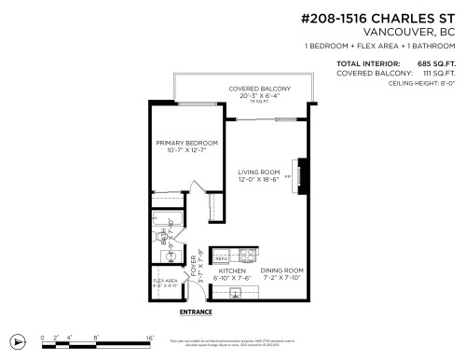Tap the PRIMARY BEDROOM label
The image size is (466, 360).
coord(186,143)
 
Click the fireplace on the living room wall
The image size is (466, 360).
coord(299,175)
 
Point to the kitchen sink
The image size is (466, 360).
coord(234,293)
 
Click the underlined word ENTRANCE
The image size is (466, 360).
coord(196,312)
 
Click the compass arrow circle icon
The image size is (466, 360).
coord(16,341)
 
